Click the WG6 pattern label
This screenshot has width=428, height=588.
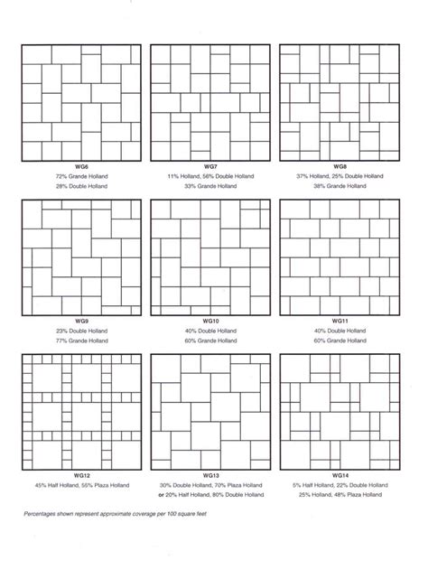(x=80, y=167)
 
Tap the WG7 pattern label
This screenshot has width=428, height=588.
(x=210, y=167)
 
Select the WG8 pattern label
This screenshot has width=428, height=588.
(x=340, y=167)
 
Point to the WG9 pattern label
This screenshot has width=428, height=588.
(x=80, y=322)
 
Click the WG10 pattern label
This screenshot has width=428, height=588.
(x=210, y=322)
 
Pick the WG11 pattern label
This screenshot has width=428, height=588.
(x=340, y=322)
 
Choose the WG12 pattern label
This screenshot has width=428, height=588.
(x=80, y=476)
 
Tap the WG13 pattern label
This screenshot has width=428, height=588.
(x=210, y=476)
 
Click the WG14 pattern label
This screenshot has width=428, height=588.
(x=340, y=476)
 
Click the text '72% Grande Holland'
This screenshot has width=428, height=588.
(x=80, y=176)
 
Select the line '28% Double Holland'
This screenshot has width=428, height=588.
(x=80, y=186)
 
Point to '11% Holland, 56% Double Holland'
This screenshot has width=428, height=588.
(x=210, y=176)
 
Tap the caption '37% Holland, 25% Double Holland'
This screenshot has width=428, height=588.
(x=340, y=176)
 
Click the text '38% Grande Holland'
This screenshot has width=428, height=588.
(x=340, y=186)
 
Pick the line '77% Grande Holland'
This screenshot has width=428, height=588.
(x=80, y=341)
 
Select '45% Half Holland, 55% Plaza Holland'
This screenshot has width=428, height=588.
(x=80, y=485)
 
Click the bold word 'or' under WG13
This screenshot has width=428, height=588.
(x=161, y=495)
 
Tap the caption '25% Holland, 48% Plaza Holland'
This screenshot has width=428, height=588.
(x=340, y=495)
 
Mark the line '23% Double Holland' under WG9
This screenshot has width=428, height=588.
(x=80, y=331)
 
